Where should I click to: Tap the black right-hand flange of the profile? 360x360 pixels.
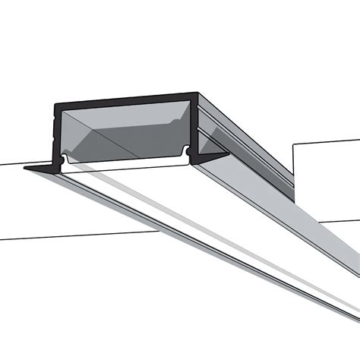point(213,158)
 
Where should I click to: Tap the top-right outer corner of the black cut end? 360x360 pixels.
point(200,95)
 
